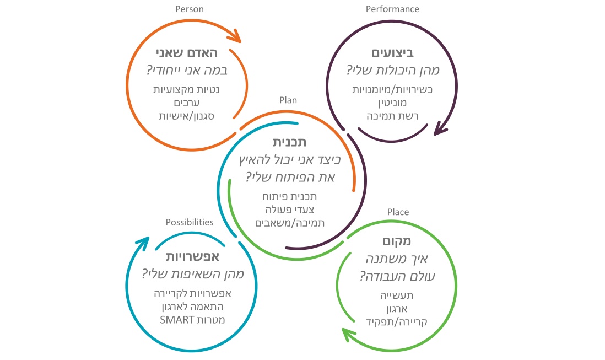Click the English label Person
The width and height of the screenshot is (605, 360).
[x=189, y=9]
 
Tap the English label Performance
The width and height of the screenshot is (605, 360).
[x=392, y=9]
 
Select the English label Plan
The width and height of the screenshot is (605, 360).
[x=288, y=100]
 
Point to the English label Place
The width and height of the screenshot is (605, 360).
[x=398, y=212]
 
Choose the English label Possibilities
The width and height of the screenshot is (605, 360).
[x=189, y=222]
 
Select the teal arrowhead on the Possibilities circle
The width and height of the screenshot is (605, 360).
[x=142, y=243]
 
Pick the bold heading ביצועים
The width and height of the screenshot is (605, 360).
[x=393, y=53]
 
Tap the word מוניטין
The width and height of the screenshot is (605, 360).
[x=393, y=102]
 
